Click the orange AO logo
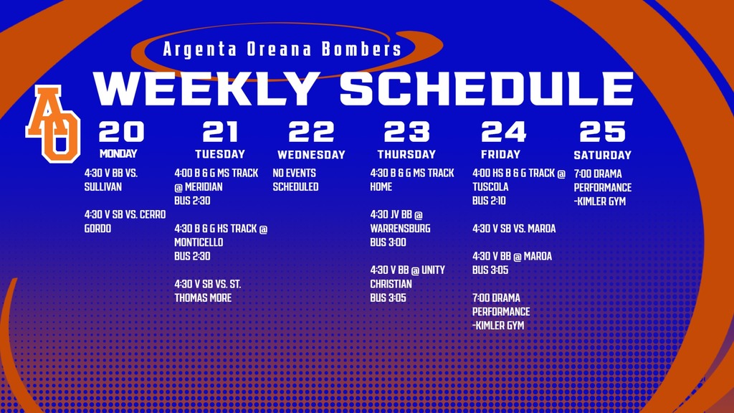point(52,123)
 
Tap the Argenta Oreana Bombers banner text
point(282,50)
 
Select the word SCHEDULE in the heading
point(487,89)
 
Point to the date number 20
point(121,132)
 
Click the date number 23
point(406,132)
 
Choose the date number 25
point(602,132)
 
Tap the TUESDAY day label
point(220,154)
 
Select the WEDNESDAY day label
point(311,155)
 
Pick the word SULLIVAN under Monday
point(103,187)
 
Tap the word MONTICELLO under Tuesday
point(199,242)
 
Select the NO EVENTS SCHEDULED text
point(295,180)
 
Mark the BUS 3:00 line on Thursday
point(388,242)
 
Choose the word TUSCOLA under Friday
point(490,187)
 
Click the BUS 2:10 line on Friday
point(489,201)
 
